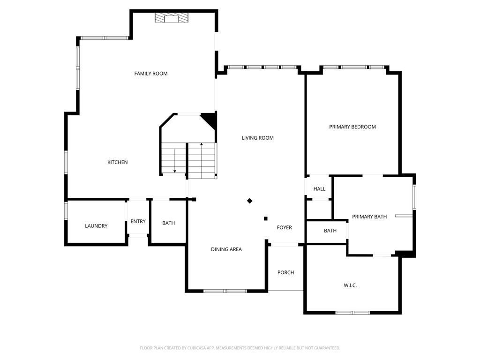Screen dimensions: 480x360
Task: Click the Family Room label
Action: pyautogui.click(x=151, y=74)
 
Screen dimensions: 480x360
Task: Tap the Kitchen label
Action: pyautogui.click(x=118, y=162)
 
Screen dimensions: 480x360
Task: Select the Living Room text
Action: pyautogui.click(x=258, y=138)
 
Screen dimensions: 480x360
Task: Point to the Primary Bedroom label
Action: pyautogui.click(x=352, y=127)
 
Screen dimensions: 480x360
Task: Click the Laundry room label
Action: pyautogui.click(x=96, y=226)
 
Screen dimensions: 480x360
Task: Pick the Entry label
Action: pyautogui.click(x=138, y=221)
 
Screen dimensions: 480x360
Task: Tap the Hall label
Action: pyautogui.click(x=319, y=189)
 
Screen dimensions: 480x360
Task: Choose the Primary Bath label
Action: pyautogui.click(x=369, y=217)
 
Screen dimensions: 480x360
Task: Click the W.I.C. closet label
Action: pyautogui.click(x=350, y=285)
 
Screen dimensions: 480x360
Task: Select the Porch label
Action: pyautogui.click(x=285, y=272)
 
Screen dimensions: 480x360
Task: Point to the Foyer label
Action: pyautogui.click(x=285, y=227)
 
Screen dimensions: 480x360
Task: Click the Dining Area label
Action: pyautogui.click(x=226, y=249)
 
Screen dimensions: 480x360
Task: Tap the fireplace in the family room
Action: pyautogui.click(x=171, y=18)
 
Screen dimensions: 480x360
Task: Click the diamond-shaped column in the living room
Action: pyautogui.click(x=250, y=201)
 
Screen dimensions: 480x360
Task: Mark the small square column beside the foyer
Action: pyautogui.click(x=266, y=218)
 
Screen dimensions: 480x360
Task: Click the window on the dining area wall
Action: pyautogui.click(x=225, y=291)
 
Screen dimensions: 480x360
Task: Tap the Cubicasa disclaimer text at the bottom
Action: pyautogui.click(x=240, y=348)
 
